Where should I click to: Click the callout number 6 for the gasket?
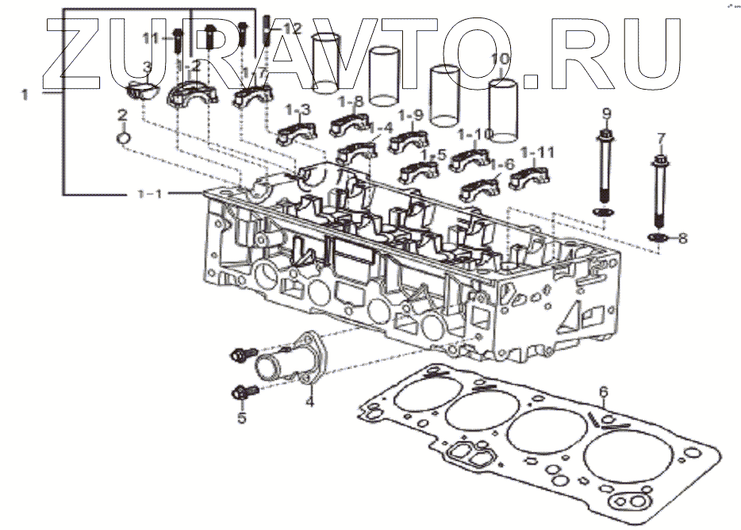(603, 391)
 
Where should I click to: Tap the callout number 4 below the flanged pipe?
(310, 401)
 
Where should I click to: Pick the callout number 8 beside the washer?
(682, 237)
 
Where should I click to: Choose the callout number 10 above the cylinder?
(500, 60)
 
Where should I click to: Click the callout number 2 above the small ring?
(123, 115)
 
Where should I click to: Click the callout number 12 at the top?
(292, 29)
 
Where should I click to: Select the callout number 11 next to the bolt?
(152, 37)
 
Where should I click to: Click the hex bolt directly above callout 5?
(240, 392)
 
